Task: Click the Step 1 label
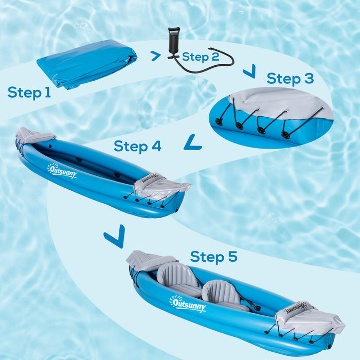point(29,93)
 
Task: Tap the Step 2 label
point(200,57)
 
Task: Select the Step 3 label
point(290,79)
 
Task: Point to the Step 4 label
point(137,146)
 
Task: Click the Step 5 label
point(214,257)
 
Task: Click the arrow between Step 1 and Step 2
point(155,56)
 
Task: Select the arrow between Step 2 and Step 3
point(249,71)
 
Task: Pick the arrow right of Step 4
point(193,142)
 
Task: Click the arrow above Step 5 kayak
point(114,237)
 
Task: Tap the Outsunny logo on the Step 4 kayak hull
point(62,171)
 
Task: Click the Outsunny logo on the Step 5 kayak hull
point(188,304)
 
